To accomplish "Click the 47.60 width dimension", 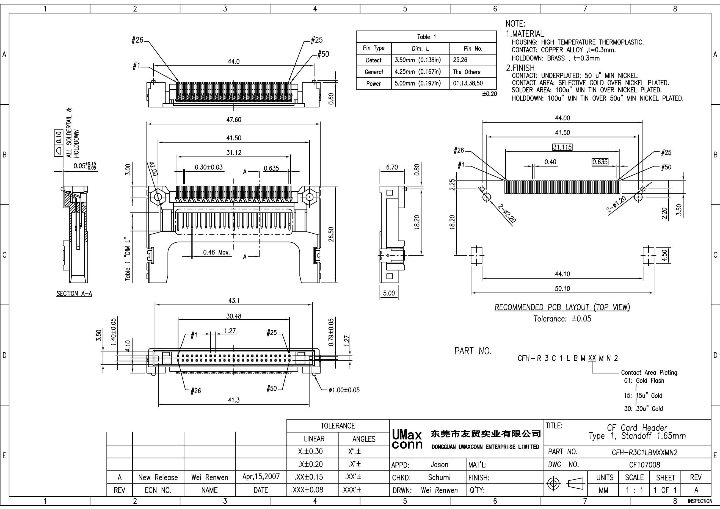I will tap(234, 120).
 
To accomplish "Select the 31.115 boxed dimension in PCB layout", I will tap(562, 147).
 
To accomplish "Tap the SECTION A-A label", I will tap(74, 294).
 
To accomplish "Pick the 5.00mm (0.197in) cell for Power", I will tap(417, 84).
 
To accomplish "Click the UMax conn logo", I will tap(407, 440).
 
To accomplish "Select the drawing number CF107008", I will tap(644, 464).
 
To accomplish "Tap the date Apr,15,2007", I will tap(261, 477).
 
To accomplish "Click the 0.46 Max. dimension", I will tap(216, 252).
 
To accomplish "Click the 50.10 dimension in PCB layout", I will tap(562, 289).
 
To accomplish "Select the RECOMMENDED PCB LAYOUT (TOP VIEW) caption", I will tap(562, 308).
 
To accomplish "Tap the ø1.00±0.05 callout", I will tap(344, 390).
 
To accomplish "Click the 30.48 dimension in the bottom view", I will tap(234, 316).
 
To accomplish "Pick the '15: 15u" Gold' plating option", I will tap(643, 395).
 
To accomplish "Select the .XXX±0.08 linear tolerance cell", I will tap(307, 490).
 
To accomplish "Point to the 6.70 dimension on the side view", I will tap(392, 167).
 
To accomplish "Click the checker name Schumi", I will tap(439, 477).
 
